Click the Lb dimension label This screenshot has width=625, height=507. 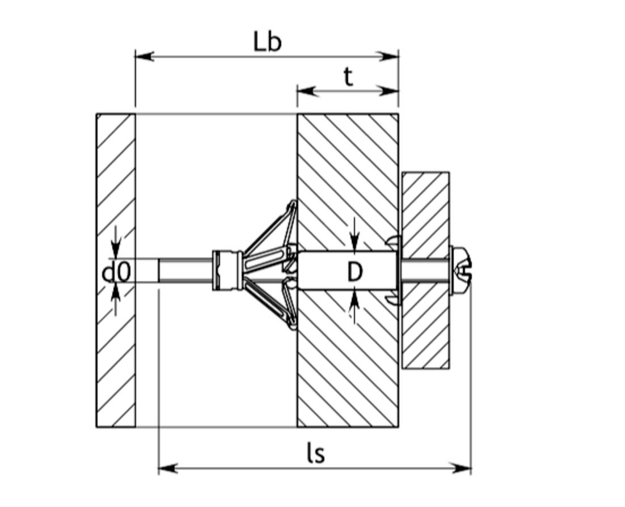pyautogui.click(x=267, y=43)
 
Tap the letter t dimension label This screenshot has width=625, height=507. pyautogui.click(x=348, y=77)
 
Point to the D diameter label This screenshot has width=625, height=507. pyautogui.click(x=354, y=273)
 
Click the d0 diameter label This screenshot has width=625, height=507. pyautogui.click(x=116, y=273)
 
